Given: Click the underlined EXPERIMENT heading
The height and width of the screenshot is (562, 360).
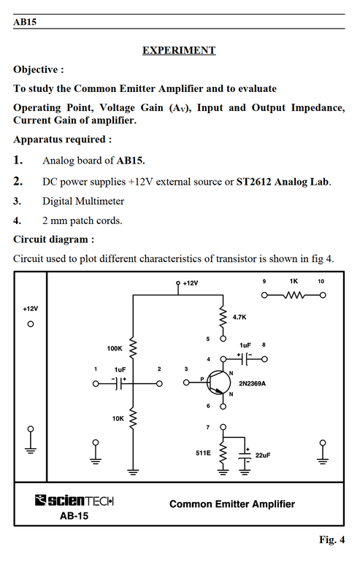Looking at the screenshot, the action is (179, 50).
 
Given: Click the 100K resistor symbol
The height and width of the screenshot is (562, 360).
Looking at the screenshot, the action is (133, 347).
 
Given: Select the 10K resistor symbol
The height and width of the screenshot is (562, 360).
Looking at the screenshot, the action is (133, 418).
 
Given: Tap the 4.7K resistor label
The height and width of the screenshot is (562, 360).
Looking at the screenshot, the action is (240, 317).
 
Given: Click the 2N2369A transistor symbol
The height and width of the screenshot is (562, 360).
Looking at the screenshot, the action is (219, 382).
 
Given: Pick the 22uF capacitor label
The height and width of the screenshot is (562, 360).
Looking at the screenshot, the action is (263, 455).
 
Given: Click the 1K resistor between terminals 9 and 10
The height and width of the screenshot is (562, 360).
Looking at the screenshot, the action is (294, 296).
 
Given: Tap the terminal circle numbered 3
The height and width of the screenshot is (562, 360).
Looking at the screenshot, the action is (186, 382).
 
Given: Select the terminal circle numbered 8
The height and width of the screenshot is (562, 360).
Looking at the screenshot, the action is (264, 359).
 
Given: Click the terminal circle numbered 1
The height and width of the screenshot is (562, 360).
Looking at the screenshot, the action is (96, 383).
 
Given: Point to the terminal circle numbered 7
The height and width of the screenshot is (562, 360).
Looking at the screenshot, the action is (223, 427).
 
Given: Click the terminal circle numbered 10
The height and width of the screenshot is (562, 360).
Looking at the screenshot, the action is (323, 296).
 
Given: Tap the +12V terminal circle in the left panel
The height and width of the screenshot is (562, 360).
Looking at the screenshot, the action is (31, 324).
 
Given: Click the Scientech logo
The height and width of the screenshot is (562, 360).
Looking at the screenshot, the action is (74, 500).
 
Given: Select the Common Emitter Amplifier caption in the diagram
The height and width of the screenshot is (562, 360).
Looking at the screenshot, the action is (232, 504).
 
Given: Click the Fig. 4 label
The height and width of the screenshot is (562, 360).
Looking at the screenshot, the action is (332, 539).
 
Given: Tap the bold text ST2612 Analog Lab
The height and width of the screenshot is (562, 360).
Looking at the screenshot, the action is (283, 182).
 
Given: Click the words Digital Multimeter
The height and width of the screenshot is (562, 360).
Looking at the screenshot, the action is (83, 201).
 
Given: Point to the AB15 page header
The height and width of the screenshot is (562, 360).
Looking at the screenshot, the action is (25, 21).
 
